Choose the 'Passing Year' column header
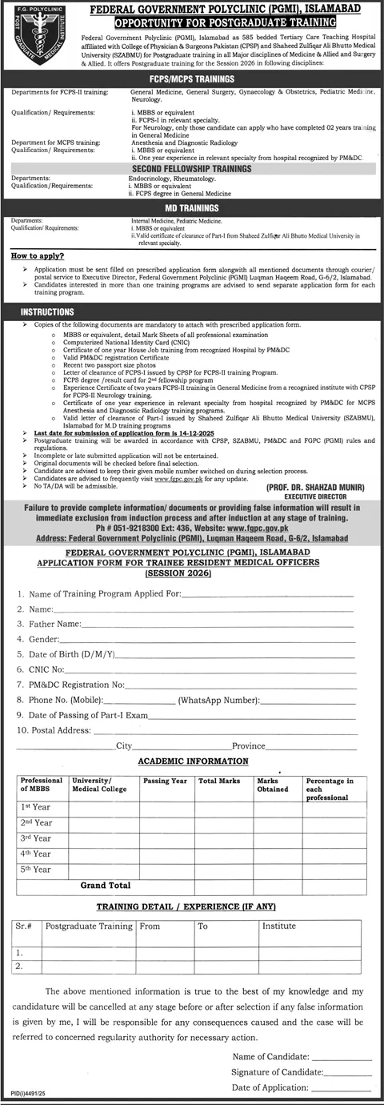165,779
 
